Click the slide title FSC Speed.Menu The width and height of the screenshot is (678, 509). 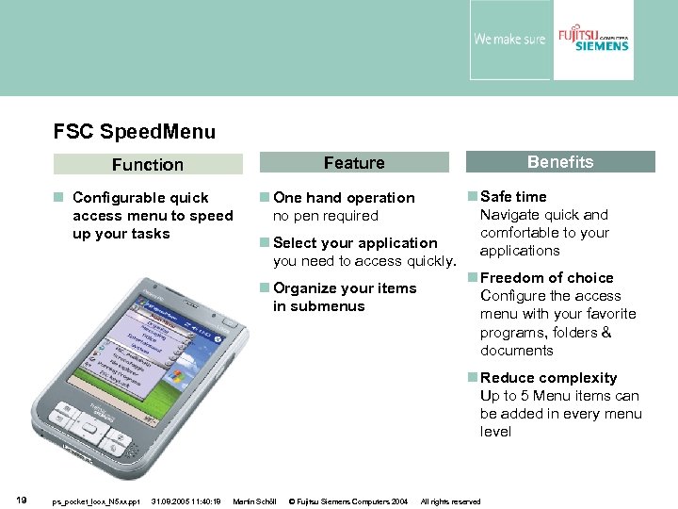135,132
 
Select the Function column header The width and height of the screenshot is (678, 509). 148,164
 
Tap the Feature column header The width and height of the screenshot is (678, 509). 354,163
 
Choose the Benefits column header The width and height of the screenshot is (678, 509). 560,162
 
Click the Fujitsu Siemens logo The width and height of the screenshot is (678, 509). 592,39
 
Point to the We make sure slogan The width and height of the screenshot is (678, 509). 509,40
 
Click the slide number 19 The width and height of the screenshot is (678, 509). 21,500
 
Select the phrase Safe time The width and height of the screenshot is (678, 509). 513,196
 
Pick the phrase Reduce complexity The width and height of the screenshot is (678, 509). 548,377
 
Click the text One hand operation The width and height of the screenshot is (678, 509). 344,197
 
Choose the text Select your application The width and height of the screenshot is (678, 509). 355,242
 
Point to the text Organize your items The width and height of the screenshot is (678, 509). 344,288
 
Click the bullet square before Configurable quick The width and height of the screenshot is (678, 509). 58,198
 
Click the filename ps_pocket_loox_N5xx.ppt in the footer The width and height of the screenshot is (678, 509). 96,501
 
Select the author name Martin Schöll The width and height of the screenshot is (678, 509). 253,501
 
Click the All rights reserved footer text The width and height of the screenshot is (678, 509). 450,501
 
